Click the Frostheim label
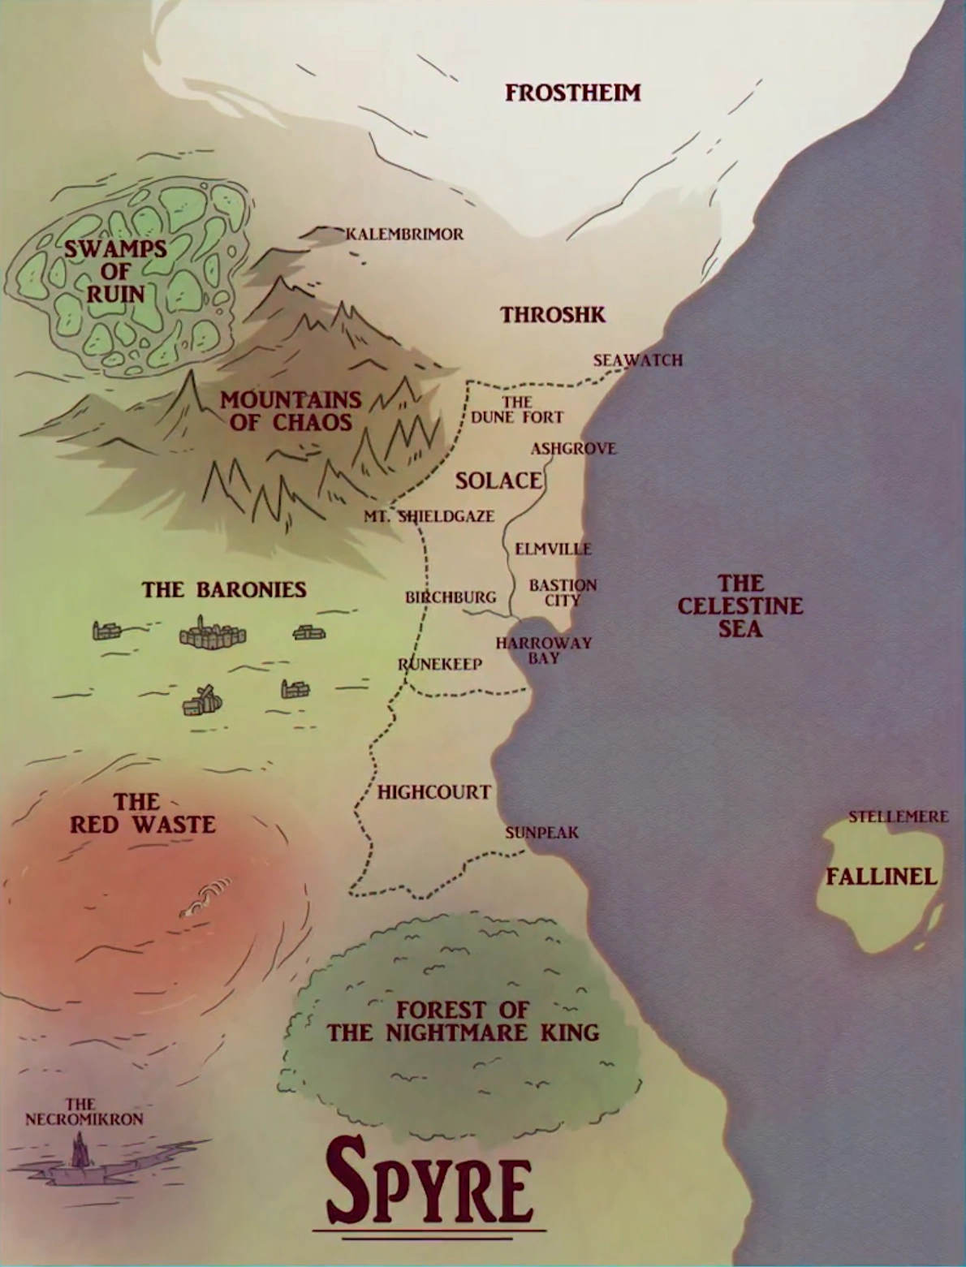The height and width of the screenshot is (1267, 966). (572, 93)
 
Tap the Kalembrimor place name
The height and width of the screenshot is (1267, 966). (404, 235)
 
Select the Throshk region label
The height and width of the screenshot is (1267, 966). (553, 315)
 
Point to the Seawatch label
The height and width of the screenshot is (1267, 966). (637, 360)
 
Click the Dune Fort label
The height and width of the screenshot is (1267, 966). (517, 410)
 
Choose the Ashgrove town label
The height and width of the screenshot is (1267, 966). (573, 449)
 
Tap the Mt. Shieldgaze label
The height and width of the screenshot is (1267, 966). (429, 516)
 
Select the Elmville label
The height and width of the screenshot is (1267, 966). (553, 549)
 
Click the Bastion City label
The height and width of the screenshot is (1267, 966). (563, 593)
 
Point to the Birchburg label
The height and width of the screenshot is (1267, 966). (450, 597)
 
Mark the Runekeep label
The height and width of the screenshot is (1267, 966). (440, 665)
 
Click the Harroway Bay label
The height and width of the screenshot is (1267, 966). (543, 650)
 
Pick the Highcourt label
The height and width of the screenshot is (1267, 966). (433, 792)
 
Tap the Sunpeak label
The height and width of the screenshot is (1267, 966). (541, 833)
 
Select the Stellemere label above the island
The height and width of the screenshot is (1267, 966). (898, 817)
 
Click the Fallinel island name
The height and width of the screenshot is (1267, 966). (881, 877)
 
